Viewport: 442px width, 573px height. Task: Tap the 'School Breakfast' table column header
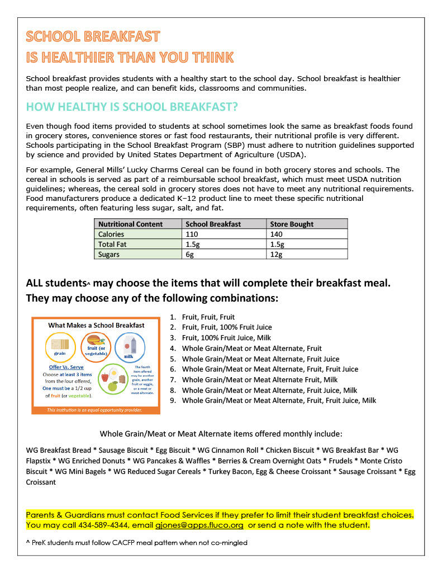213,224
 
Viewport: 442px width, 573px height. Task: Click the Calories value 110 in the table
193,234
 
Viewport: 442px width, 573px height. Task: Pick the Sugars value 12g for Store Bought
276,255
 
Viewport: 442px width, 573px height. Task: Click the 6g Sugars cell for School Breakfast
191,255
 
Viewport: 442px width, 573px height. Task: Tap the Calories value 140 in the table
277,234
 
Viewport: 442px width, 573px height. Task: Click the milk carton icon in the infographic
128,347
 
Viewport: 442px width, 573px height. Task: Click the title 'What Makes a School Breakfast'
96,325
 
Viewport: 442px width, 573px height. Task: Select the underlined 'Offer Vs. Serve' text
63,367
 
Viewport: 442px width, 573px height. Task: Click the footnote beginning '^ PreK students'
137,542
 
